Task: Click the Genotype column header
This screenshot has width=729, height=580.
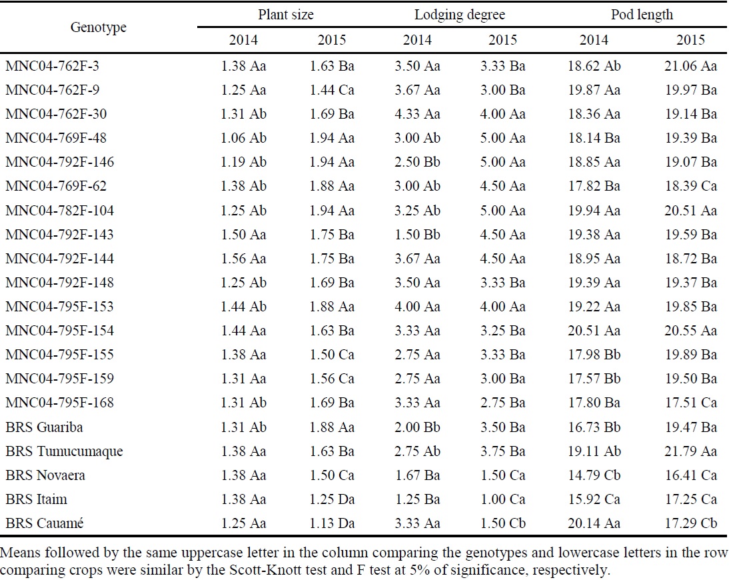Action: click(x=98, y=27)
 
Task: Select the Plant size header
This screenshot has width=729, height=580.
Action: click(x=286, y=15)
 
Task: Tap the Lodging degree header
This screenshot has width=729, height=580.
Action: click(x=460, y=15)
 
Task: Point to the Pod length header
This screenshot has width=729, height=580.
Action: click(x=642, y=15)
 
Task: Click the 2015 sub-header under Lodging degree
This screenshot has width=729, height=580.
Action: click(x=502, y=39)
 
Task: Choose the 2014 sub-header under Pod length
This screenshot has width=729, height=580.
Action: click(x=593, y=39)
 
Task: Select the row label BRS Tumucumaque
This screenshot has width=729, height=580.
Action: click(x=65, y=451)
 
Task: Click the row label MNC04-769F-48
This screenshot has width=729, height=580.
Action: click(x=56, y=138)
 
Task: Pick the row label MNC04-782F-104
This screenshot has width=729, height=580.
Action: click(x=59, y=210)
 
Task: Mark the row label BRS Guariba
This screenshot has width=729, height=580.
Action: click(x=45, y=427)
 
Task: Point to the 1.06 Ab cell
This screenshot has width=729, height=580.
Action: click(x=243, y=138)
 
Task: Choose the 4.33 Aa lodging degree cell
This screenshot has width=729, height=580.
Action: click(x=418, y=114)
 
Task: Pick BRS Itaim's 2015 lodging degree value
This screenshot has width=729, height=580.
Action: click(x=502, y=499)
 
